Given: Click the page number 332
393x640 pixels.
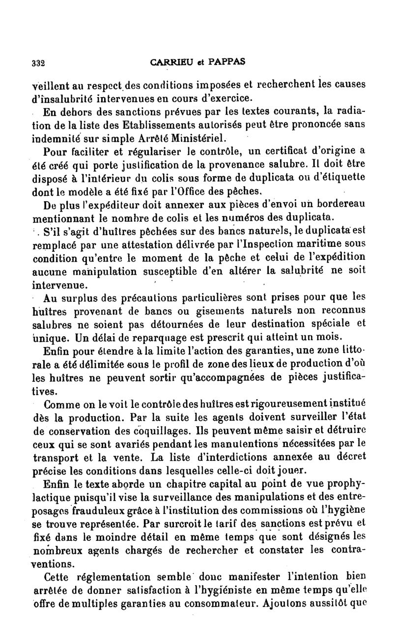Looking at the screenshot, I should tap(38, 63).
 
